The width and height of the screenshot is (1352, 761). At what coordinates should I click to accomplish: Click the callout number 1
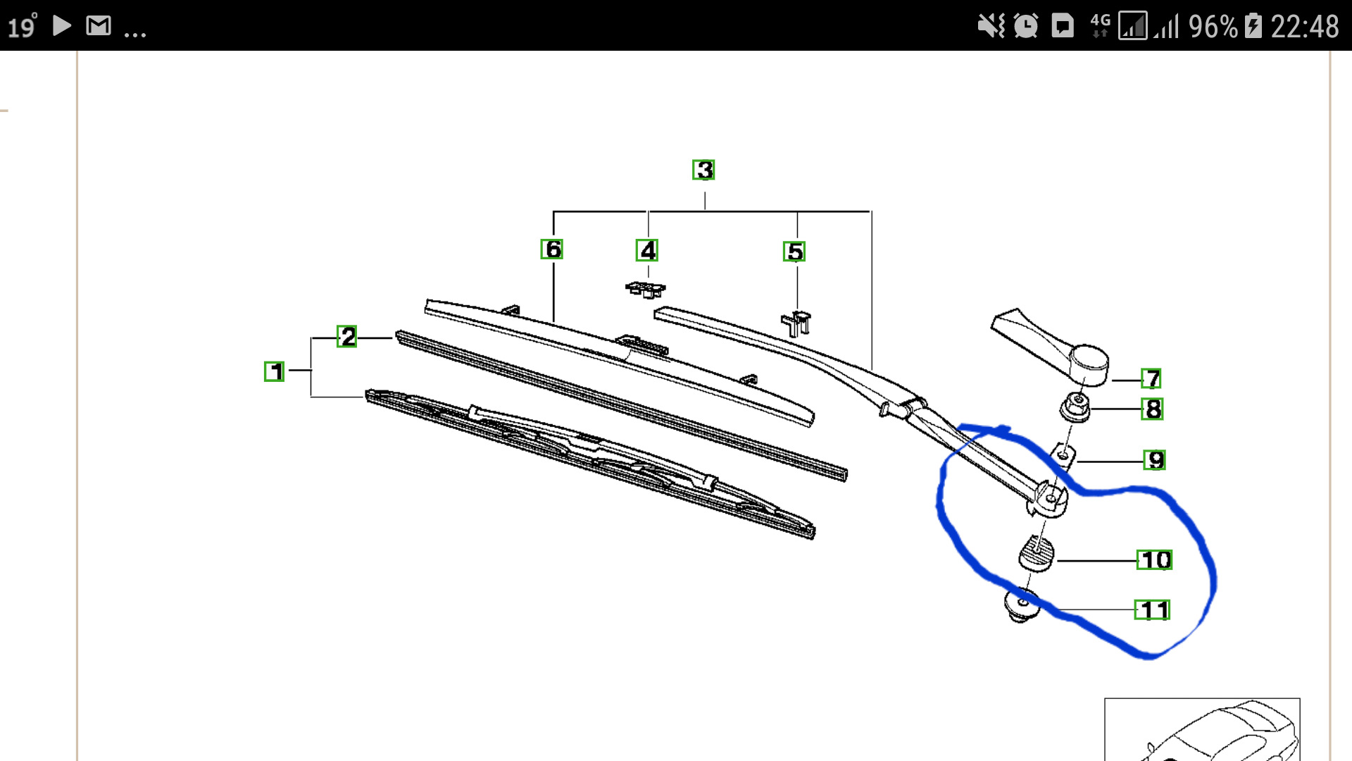[x=274, y=371]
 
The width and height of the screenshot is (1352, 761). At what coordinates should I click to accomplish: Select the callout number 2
[x=347, y=336]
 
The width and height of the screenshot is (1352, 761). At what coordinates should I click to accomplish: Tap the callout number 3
[x=703, y=170]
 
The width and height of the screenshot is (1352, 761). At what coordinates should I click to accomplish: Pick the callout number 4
[x=647, y=250]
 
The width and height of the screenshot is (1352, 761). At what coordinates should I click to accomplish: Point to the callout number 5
[x=794, y=252]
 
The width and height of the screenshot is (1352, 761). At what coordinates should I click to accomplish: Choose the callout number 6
[x=552, y=249]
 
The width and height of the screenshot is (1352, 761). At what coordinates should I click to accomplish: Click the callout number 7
[x=1151, y=379]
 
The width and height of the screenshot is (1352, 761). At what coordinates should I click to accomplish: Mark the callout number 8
[x=1153, y=409]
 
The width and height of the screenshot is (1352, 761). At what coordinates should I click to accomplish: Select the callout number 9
[x=1155, y=460]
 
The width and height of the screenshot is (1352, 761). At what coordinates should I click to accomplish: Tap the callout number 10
[x=1155, y=560]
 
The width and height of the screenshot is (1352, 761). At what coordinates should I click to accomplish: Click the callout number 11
[x=1153, y=610]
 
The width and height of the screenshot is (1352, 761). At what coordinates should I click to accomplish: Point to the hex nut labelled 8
[x=1075, y=408]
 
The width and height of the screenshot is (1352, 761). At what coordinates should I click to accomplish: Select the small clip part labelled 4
[x=646, y=289]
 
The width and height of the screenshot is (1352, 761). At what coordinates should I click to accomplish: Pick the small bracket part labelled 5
[x=796, y=323]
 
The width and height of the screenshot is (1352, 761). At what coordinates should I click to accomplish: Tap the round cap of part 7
[x=1089, y=364]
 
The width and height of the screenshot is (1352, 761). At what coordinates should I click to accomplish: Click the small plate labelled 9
[x=1063, y=456]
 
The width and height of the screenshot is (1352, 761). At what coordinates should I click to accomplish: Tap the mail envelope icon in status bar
[x=99, y=26]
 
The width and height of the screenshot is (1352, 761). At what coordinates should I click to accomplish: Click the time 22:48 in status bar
[x=1305, y=27]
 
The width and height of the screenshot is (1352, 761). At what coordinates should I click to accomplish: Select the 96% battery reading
[x=1213, y=27]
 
